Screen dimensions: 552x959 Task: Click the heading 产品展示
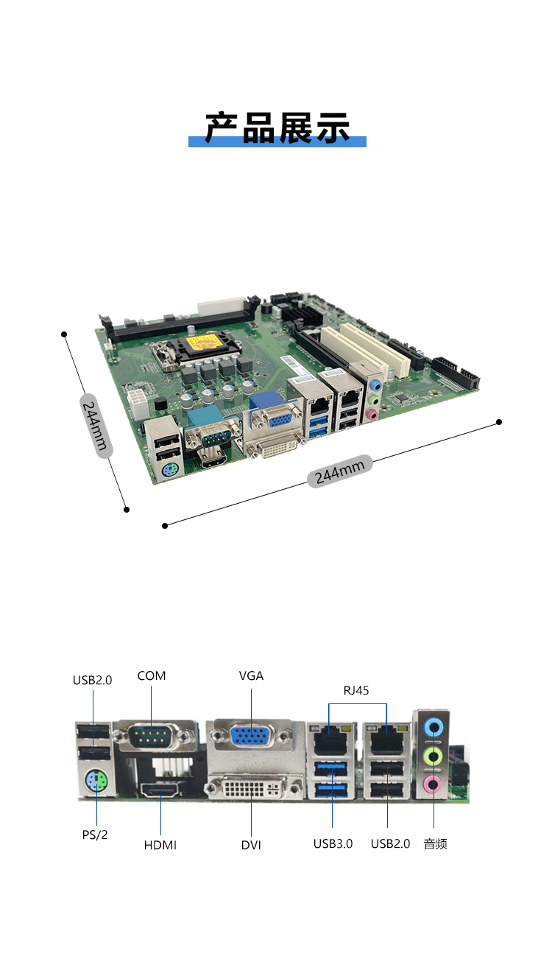click(277, 127)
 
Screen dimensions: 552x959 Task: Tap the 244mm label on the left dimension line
click(96, 426)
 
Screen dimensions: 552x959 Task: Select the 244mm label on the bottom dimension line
click(340, 471)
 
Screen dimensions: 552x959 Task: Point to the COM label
click(152, 675)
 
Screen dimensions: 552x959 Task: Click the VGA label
click(251, 675)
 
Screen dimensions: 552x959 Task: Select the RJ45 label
click(356, 690)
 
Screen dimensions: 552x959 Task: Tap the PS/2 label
click(95, 835)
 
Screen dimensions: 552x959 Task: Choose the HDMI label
click(160, 845)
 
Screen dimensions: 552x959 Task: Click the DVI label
click(251, 845)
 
